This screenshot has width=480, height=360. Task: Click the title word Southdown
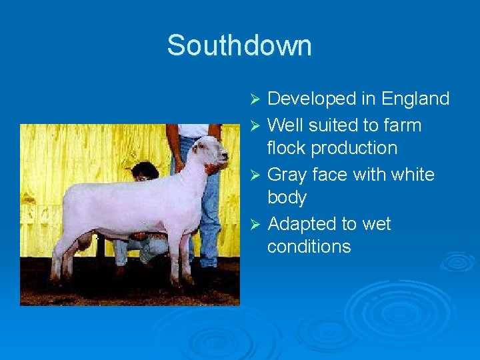(239, 45)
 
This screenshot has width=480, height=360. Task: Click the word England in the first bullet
(415, 99)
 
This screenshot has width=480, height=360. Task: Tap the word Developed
(311, 99)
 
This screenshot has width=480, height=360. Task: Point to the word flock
(286, 147)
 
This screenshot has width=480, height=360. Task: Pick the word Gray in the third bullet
(288, 175)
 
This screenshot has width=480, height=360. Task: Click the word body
(287, 197)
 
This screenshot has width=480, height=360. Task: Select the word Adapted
(303, 224)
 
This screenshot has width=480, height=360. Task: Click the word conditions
(309, 247)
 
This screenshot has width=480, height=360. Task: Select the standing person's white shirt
(194, 130)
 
